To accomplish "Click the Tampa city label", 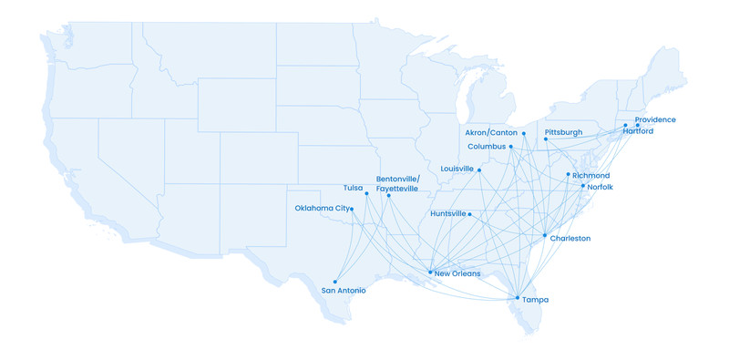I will point(536,300).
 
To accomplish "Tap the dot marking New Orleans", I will point(430,272).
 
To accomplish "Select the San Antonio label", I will point(344,291).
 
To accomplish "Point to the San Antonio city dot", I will point(335,282).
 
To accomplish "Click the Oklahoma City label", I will point(323,209).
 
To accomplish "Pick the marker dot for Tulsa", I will point(366,193).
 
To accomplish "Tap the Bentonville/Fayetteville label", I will point(397,184).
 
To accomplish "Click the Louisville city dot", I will point(479,170).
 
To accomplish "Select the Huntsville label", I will point(447,214).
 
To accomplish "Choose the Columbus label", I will point(486,147).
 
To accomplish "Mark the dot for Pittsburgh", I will point(546,139).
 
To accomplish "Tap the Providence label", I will point(656,120).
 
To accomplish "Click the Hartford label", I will point(638,131).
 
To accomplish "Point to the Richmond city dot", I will point(569,174).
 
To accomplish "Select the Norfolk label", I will point(601,187).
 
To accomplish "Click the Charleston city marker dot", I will point(545,236).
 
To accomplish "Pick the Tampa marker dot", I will point(517,298).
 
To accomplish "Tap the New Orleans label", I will point(457,273).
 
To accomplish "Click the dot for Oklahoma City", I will point(352,210).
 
